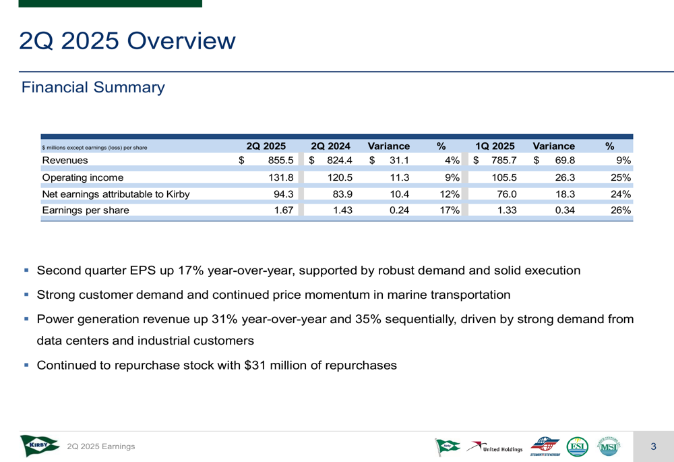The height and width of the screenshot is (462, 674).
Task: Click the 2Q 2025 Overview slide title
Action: [x=127, y=41]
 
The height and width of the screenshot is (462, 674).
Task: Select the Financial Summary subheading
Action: [x=93, y=88]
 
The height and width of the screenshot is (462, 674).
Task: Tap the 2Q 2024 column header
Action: [x=330, y=146]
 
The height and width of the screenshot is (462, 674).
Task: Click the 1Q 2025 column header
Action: [x=495, y=146]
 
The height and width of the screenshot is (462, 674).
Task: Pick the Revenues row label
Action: [x=65, y=161]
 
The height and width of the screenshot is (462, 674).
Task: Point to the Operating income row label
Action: [x=82, y=178]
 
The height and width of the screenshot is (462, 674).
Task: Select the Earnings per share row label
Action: [x=86, y=210]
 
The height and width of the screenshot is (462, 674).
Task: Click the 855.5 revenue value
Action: [x=280, y=161]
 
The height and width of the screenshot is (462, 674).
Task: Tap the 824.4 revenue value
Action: [x=340, y=161]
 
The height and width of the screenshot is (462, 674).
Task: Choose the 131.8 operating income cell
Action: [x=280, y=178]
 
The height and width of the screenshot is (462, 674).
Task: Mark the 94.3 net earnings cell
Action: [x=283, y=194]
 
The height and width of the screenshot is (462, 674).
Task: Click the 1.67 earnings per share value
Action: [x=283, y=210]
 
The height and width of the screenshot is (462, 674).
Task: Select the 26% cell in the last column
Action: [x=621, y=210]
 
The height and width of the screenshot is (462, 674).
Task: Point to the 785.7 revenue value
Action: [x=503, y=161]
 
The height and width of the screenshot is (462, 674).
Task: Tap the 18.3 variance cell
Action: [x=564, y=194]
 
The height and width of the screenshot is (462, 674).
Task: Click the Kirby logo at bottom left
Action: [x=40, y=446]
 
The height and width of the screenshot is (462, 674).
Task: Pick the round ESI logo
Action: [x=578, y=446]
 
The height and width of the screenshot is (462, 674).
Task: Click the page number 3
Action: [x=653, y=446]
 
